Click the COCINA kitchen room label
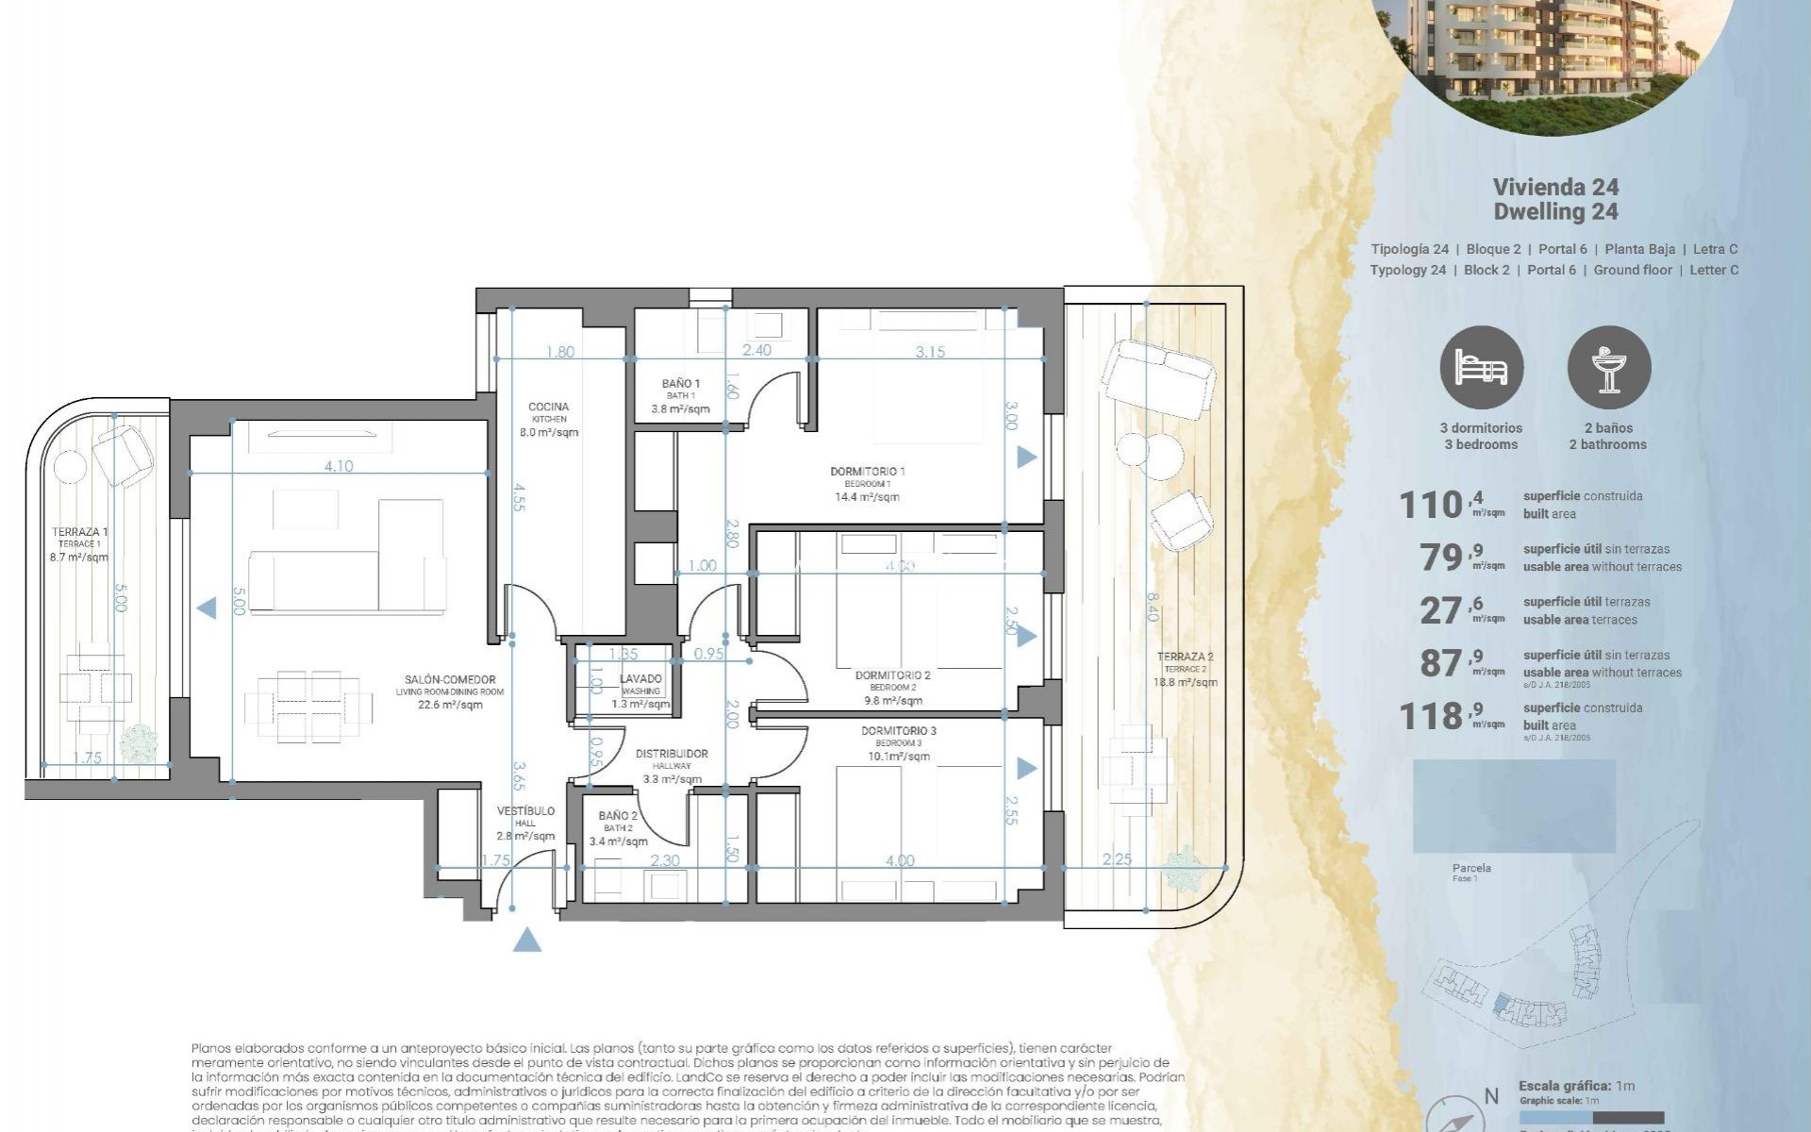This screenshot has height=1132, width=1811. pos(548,408)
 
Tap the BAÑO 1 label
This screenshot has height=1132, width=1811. pos(680,384)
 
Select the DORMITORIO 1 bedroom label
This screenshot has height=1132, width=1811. pos(867,472)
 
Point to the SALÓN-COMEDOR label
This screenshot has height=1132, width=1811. pos(450,680)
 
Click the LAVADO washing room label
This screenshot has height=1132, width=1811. pos(640,679)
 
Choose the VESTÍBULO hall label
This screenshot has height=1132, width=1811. pos(525,811)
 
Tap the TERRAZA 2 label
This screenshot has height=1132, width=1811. pos(1185,658)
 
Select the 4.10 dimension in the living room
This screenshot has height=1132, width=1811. pos(338,466)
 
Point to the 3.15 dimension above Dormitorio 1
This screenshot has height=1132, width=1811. pos(929,352)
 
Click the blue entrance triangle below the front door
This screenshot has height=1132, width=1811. pos(527,940)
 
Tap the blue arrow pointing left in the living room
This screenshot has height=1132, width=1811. pos(207,608)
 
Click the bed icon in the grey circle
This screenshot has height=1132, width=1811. pos(1481,368)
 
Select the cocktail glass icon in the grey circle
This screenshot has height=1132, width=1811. pos(1608,368)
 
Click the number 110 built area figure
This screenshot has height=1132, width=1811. pos(1430,506)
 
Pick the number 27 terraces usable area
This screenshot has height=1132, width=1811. pos(1440,611)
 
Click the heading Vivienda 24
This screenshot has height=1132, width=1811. pos(1555,187)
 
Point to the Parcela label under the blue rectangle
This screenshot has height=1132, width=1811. pos(1471,868)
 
